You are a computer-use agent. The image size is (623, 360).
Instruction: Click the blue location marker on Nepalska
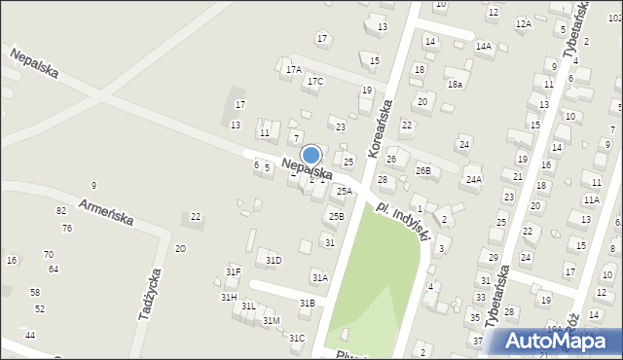tap(311, 155)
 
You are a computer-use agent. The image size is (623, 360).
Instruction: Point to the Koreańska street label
tap(380, 127)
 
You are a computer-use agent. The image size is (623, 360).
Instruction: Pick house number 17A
tap(293, 70)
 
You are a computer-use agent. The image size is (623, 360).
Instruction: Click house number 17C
tap(314, 81)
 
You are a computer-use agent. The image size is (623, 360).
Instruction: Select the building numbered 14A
tap(483, 47)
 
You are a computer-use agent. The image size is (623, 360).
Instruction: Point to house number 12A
tap(524, 23)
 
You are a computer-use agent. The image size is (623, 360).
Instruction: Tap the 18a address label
tap(455, 85)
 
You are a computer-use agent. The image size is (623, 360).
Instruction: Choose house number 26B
tap(422, 171)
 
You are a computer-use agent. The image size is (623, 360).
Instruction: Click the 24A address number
tap(474, 180)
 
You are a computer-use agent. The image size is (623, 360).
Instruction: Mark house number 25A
tap(345, 192)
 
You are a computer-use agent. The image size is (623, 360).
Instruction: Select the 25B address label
tap(336, 216)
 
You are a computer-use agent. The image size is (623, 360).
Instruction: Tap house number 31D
tap(274, 260)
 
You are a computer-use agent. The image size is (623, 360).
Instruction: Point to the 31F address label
tap(233, 271)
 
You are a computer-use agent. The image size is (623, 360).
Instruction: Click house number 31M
tap(271, 320)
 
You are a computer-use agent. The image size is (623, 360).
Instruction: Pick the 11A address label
tap(591, 199)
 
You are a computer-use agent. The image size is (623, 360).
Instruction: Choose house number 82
tap(60, 210)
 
